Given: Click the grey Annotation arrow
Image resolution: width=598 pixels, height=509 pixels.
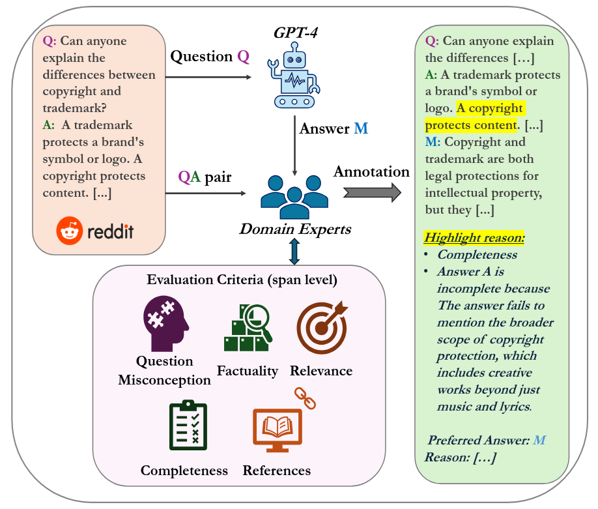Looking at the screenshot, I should (x=372, y=192).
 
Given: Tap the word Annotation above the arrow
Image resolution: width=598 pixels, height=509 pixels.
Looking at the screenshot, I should (x=371, y=171).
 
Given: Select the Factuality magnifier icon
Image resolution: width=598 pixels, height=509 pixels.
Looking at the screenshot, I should (x=248, y=327).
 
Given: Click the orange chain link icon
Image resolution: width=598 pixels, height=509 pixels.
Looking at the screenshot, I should (x=305, y=398).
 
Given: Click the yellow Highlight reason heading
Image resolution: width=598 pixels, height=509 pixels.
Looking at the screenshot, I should (x=474, y=238).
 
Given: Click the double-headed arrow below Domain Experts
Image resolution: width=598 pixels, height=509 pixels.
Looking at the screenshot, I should (x=294, y=252).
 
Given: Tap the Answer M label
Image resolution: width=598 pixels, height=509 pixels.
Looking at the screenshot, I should (x=334, y=128).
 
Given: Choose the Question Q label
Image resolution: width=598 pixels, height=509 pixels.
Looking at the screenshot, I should (x=210, y=57).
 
